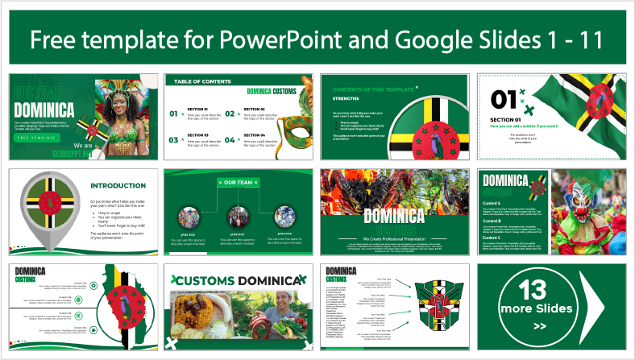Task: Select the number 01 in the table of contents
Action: point(173,114)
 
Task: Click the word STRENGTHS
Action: point(347,101)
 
